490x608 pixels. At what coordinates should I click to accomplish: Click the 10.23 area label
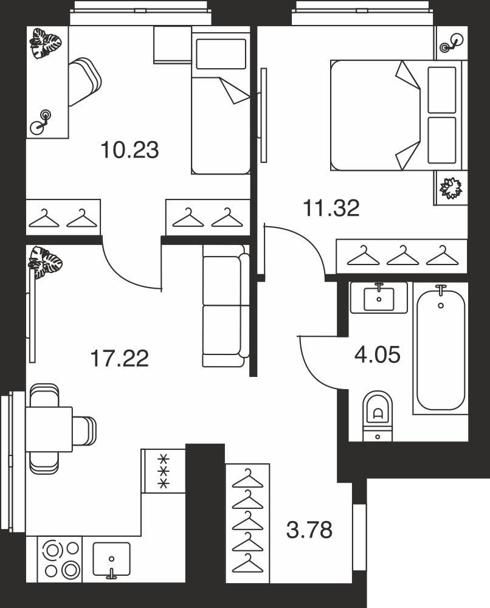coord(129,150)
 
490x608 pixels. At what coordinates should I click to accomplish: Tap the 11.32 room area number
coord(331,208)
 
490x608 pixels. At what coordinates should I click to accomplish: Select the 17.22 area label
coord(119,358)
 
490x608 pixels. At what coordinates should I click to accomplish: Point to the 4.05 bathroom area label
coord(377,355)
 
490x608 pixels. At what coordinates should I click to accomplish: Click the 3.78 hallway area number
coord(309,530)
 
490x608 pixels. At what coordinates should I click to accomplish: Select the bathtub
coord(441,348)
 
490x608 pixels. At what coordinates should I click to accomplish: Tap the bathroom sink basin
coord(379,299)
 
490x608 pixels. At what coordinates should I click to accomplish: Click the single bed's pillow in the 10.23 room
coord(221,54)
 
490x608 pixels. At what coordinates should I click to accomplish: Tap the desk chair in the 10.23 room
coord(85,81)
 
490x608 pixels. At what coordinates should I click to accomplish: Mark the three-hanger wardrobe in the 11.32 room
coord(402,257)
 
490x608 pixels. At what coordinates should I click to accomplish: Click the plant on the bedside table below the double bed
coord(450,188)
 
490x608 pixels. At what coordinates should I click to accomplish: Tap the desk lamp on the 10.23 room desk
coord(41,122)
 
